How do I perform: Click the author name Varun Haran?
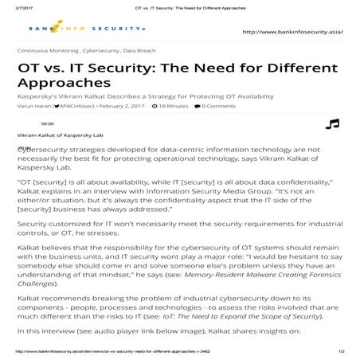click(31, 105)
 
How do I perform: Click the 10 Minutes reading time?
click(174, 105)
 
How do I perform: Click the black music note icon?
click(332, 125)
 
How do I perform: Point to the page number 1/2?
click(341, 351)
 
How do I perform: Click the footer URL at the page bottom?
click(112, 351)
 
